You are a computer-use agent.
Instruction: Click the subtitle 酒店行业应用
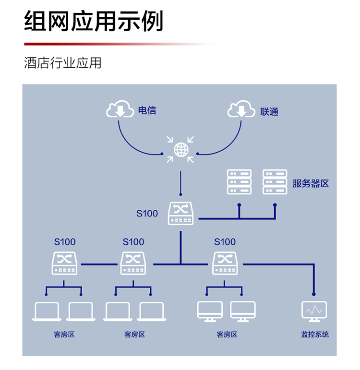pyautogui.click(x=62, y=63)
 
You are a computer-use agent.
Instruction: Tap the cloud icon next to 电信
pyautogui.click(x=120, y=110)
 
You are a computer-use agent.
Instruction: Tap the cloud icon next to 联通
pyautogui.click(x=241, y=110)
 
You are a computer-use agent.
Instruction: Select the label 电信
pyautogui.click(x=147, y=110)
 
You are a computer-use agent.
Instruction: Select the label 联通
pyautogui.click(x=269, y=112)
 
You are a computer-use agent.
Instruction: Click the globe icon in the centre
pyautogui.click(x=180, y=149)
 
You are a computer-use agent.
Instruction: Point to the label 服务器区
pyautogui.click(x=311, y=183)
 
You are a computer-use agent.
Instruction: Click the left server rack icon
pyautogui.click(x=239, y=182)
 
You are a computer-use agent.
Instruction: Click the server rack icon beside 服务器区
pyautogui.click(x=275, y=182)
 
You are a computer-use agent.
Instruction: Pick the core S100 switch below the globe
pyautogui.click(x=180, y=213)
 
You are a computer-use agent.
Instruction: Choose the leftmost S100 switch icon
pyautogui.click(x=64, y=263)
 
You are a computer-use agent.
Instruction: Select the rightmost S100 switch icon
pyautogui.click(x=225, y=263)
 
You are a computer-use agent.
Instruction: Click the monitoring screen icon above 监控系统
pyautogui.click(x=314, y=311)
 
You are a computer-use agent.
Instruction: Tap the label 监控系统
pyautogui.click(x=314, y=334)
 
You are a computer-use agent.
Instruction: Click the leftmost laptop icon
pyautogui.click(x=46, y=311)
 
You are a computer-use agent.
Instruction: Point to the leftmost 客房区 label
pyautogui.click(x=64, y=334)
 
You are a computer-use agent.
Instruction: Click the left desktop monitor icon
pyautogui.click(x=210, y=311)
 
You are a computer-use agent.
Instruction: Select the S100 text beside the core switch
pyautogui.click(x=147, y=214)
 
